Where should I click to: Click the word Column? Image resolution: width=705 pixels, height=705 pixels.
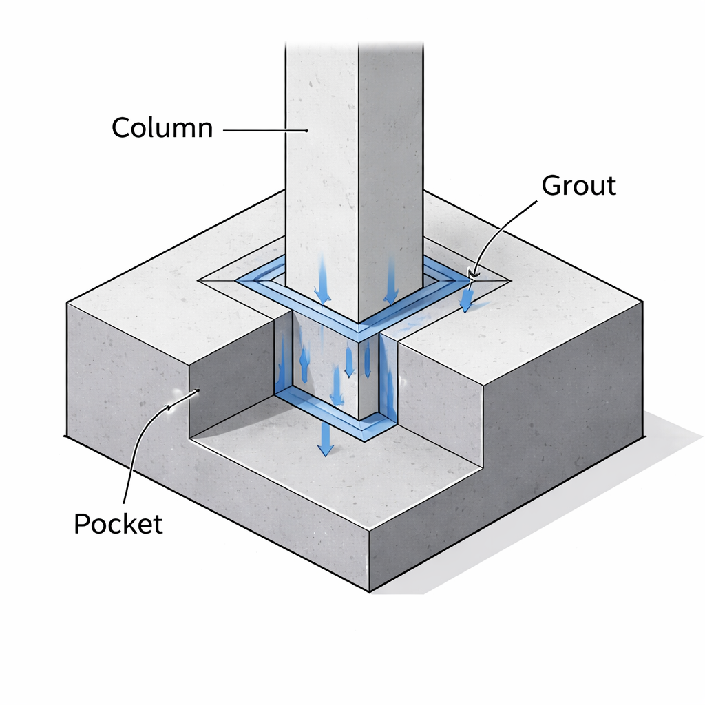pos(162,128)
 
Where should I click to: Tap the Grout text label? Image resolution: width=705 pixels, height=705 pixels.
pos(578,185)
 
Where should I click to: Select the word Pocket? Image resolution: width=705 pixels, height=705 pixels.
pos(118,524)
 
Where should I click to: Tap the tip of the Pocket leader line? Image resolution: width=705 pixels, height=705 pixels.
pos(198,392)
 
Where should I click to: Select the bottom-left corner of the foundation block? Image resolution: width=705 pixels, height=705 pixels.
pos(65,436)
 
